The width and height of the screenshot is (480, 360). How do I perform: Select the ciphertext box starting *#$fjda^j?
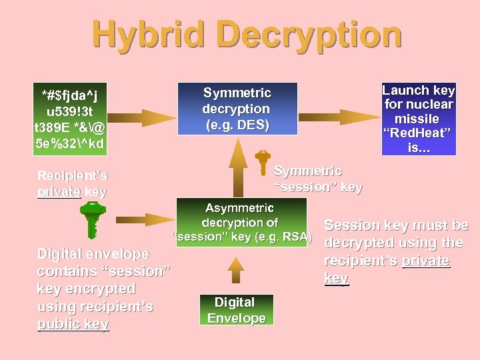point(71,117)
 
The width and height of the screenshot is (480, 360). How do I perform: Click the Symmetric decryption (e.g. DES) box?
point(237,108)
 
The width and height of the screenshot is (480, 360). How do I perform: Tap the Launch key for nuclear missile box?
point(418,119)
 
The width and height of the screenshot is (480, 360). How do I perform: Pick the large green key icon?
point(91,219)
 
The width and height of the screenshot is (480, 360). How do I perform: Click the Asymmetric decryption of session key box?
point(241,221)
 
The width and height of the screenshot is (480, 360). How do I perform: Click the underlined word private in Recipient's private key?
point(58,192)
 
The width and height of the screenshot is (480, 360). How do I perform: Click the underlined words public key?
point(73,324)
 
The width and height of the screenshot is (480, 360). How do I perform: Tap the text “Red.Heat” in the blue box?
point(419,133)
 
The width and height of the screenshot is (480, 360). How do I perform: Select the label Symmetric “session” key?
point(318,179)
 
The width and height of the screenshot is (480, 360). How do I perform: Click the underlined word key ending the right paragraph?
point(336,278)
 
